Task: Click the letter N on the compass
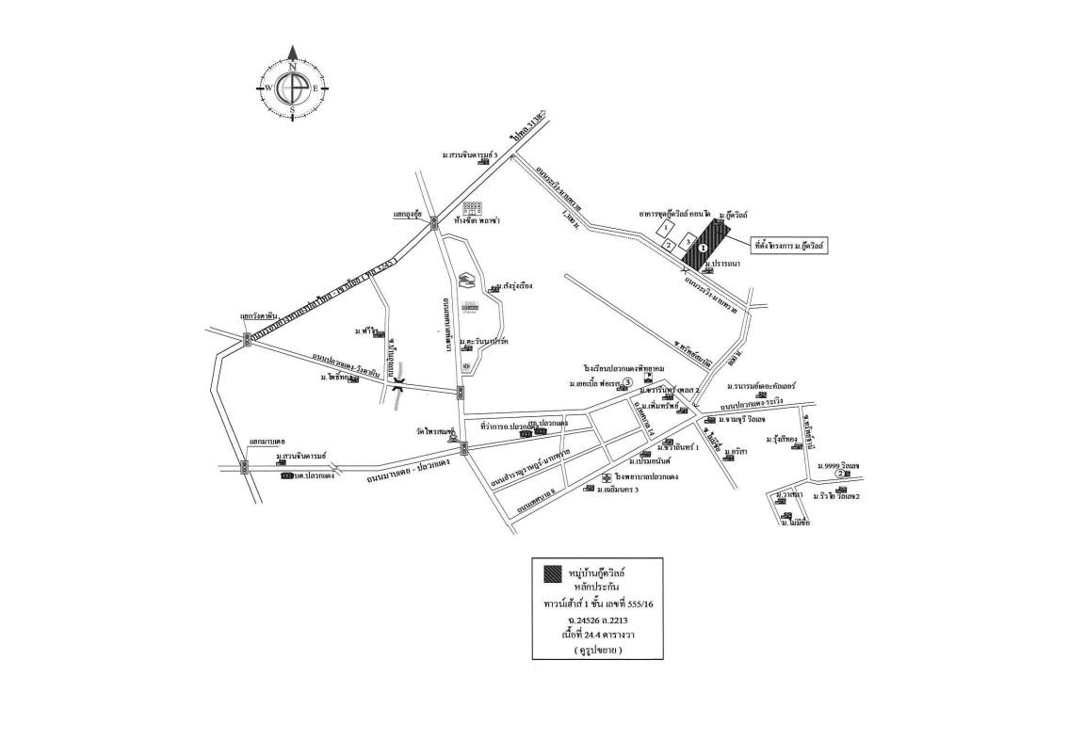click(x=292, y=67)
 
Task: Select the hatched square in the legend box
click(x=553, y=573)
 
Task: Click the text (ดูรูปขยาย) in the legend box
click(x=596, y=651)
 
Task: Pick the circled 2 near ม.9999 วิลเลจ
click(x=839, y=474)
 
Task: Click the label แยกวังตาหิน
click(x=258, y=316)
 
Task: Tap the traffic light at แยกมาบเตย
click(x=244, y=465)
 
